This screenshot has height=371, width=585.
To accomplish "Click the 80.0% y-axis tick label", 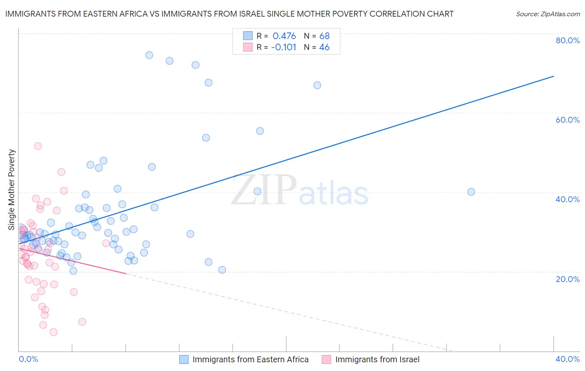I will tap(568, 40).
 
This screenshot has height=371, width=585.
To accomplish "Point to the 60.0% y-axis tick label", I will tap(568, 120).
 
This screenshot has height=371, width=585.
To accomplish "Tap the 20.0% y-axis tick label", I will tap(568, 279).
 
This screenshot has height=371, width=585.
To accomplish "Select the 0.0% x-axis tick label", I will tap(29, 359).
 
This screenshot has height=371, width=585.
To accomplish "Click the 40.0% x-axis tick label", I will tap(568, 359).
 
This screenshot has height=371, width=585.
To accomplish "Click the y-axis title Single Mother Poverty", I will tap(12, 190).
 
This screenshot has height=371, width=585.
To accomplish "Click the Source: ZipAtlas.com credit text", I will tap(548, 14).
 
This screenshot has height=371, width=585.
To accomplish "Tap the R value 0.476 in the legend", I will tap(284, 36).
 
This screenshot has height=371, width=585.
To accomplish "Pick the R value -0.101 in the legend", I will tap(283, 47).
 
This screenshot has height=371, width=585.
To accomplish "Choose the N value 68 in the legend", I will tap(325, 36).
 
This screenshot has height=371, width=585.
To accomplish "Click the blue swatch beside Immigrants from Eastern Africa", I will tap(184, 359).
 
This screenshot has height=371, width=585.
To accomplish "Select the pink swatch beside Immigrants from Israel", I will tap(327, 359).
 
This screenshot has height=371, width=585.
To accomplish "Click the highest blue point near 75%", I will tap(149, 55).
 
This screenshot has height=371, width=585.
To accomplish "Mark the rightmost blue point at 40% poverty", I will tap(471, 192).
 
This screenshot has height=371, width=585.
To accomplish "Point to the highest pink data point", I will tap(38, 146).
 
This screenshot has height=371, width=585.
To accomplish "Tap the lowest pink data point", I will tap(54, 332).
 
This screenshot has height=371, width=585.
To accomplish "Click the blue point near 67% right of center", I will tap(317, 85).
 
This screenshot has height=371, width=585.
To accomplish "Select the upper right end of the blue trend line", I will tap(553, 76).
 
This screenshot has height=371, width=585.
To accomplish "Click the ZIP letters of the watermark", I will tap(264, 190).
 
